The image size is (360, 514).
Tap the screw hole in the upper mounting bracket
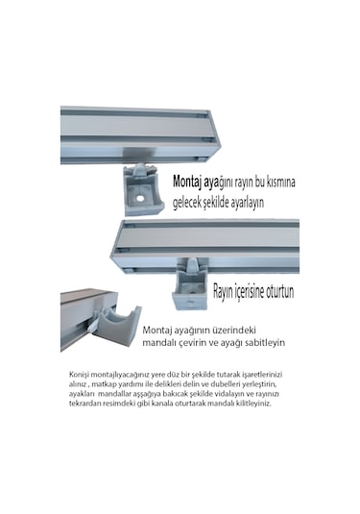click(x=140, y=199)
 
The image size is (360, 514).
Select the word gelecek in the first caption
click(x=185, y=203)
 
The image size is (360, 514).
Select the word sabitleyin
click(x=267, y=343)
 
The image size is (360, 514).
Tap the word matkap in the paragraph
click(x=102, y=384)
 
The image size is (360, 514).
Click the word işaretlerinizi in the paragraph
click(x=262, y=375)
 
